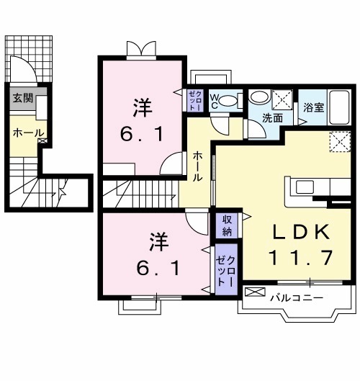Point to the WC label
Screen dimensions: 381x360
[x=214, y=102]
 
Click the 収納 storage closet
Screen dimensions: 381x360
[x=226, y=225]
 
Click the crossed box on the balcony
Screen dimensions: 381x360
[x=254, y=292]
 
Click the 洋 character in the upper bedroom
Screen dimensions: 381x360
[x=141, y=109]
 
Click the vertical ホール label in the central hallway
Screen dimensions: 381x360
[x=197, y=166]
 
